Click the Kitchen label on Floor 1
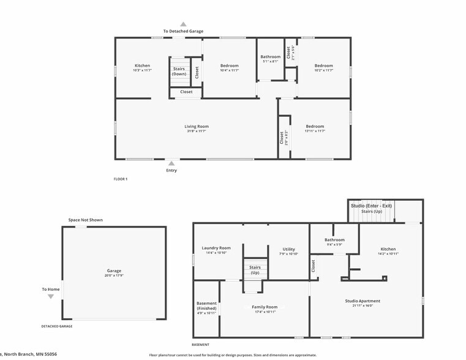pyautogui.click(x=142, y=66)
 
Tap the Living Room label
pyautogui.click(x=197, y=127)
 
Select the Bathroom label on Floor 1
pyautogui.click(x=271, y=57)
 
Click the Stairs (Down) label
pyautogui.click(x=179, y=71)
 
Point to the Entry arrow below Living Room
pyautogui.click(x=171, y=163)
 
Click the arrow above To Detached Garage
pyautogui.click(x=183, y=24)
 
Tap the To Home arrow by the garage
pyautogui.click(x=51, y=296)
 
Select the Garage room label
pyautogui.click(x=114, y=271)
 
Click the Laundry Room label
pyautogui.click(x=216, y=248)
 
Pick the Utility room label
pyautogui.click(x=288, y=249)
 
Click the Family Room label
pyautogui.click(x=265, y=307)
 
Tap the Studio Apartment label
pyautogui.click(x=366, y=301)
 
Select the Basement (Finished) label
pyautogui.click(x=206, y=306)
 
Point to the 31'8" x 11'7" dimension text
pyautogui.click(x=197, y=131)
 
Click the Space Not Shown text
pyautogui.click(x=85, y=220)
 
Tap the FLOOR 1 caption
pyautogui.click(x=121, y=179)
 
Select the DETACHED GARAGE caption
pyautogui.click(x=56, y=326)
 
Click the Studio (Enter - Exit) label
pyautogui.click(x=371, y=206)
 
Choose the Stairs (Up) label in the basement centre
pyautogui.click(x=255, y=270)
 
